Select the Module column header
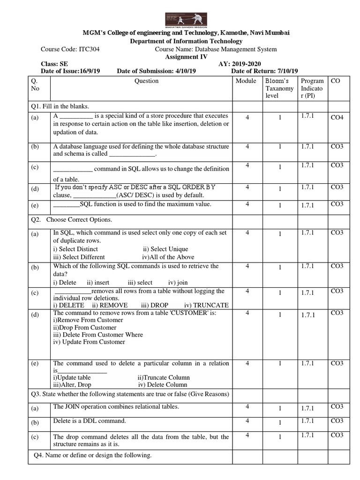[246, 81]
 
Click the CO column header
[335, 81]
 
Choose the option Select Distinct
[75, 249]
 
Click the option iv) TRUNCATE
[206, 305]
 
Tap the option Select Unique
[165, 249]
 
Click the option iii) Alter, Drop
[72, 385]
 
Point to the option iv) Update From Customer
[89, 342]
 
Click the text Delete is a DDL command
[90, 421]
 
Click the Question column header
[146, 81]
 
